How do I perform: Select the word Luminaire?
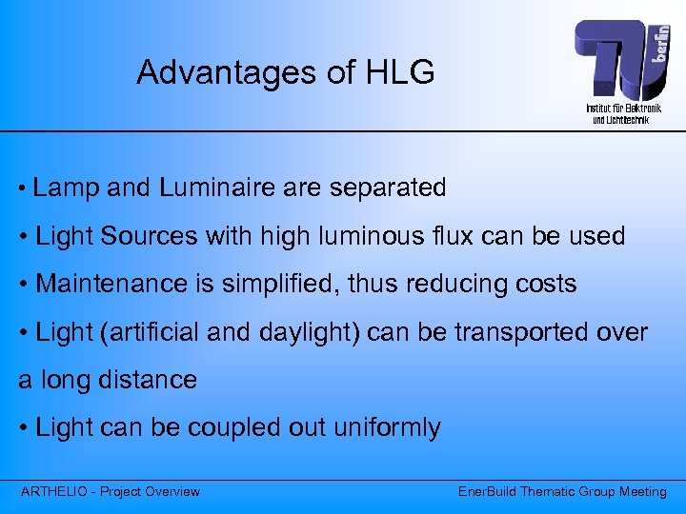tap(217, 188)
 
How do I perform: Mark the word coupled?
tap(238, 428)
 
